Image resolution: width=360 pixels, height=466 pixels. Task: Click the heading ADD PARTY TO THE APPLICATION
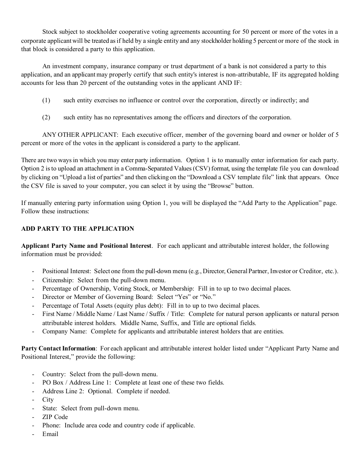pos(78,228)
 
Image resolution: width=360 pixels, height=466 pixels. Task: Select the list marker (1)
pos(46,100)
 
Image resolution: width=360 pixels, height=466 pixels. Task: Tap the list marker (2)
pos(46,117)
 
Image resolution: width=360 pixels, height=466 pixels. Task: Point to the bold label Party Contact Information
pos(58,348)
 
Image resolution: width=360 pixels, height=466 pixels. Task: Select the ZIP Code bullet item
pos(55,417)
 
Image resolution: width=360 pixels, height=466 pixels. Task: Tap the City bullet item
pos(48,400)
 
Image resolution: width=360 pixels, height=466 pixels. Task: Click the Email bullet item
pos(50,434)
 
